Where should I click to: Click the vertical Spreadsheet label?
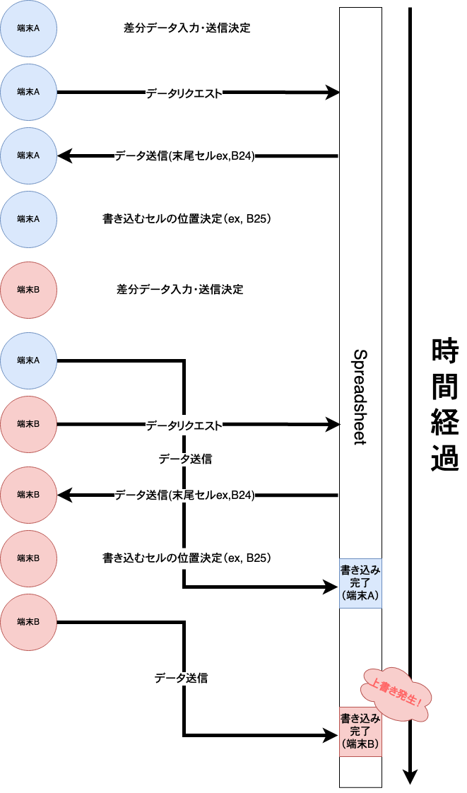360,396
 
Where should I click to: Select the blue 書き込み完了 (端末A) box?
360,583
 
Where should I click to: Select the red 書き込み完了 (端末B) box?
360,732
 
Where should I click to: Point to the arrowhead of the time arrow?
410,777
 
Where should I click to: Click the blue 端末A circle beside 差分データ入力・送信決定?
28,28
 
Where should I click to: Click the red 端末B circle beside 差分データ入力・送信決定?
28,290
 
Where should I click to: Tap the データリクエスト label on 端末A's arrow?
184,93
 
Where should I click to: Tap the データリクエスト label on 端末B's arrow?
184,425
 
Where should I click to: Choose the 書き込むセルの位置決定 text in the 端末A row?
187,219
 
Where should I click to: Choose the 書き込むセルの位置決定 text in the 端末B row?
187,558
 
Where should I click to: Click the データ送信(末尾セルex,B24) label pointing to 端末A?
184,156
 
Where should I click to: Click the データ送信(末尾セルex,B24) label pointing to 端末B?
184,495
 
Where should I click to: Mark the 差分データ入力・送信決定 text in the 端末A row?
187,28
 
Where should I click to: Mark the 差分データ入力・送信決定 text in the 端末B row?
179,290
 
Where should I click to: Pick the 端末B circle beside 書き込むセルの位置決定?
28,558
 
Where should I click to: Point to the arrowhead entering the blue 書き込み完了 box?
333,587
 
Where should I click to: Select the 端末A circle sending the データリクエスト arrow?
28,92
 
